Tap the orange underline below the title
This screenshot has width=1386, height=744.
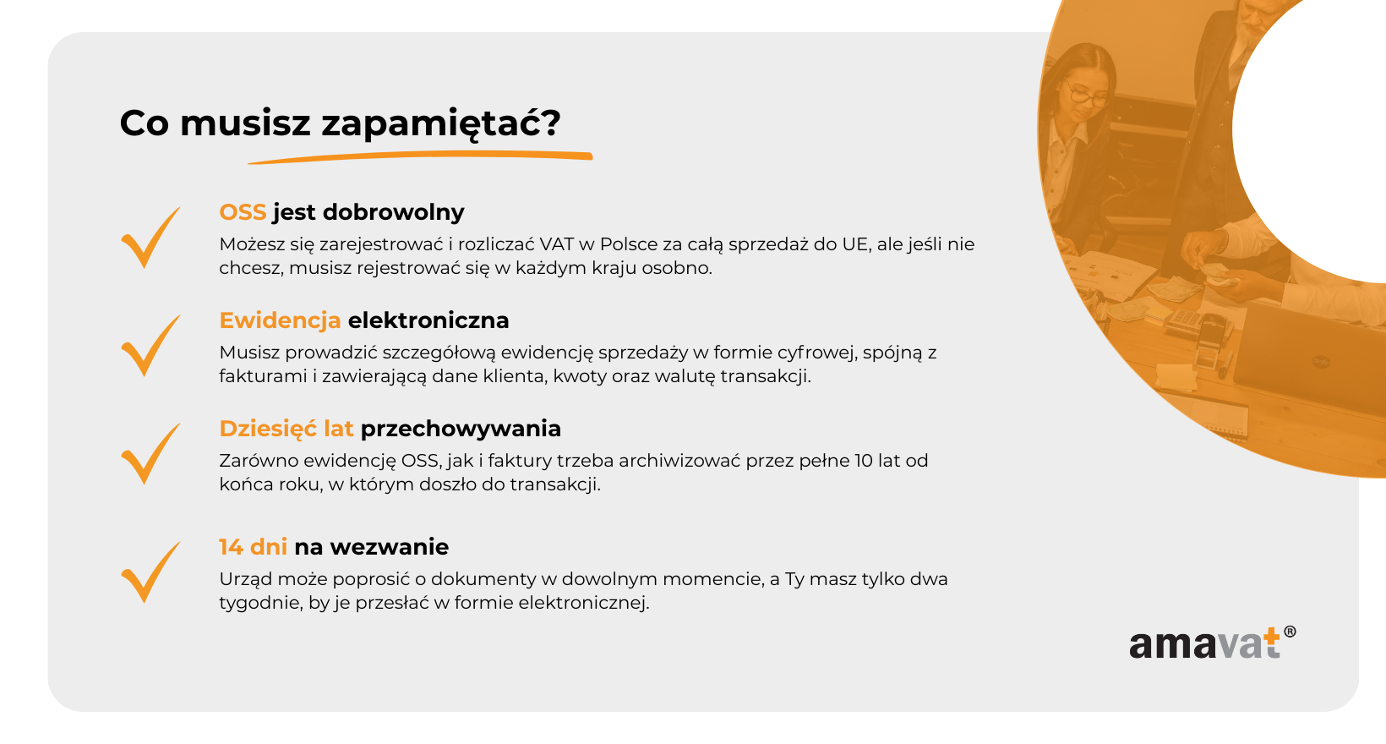tap(420, 157)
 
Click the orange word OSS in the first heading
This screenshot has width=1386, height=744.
tap(243, 212)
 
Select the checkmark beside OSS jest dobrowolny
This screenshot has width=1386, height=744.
tap(150, 237)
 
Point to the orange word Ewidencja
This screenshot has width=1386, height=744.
tap(281, 320)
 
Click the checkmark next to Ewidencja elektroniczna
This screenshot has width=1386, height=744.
tap(150, 346)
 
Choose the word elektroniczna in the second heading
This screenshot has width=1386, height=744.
tap(428, 320)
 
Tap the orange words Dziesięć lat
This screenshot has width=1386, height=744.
tap(286, 429)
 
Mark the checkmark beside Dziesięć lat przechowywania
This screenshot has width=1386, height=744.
tap(150, 454)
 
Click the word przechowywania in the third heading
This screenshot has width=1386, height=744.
tap(461, 429)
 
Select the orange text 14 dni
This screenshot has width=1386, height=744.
tap(253, 547)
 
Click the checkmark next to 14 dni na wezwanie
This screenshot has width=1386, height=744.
tap(150, 572)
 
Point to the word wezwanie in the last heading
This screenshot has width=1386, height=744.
tap(390, 547)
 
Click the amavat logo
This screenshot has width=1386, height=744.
tap(1212, 643)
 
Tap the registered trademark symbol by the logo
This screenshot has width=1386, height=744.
tap(1290, 632)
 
